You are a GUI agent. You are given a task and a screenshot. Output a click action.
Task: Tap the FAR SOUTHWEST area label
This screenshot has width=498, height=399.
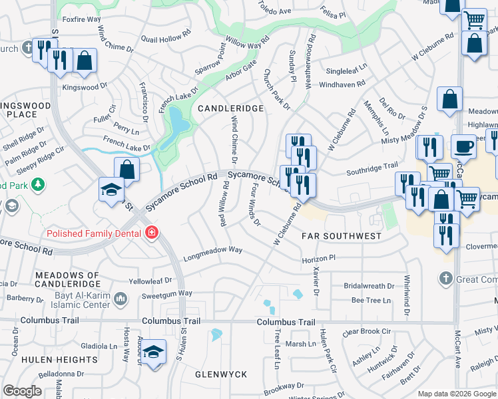coord(342,236)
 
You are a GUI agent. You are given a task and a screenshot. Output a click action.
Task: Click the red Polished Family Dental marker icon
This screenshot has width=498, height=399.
coord(152,233)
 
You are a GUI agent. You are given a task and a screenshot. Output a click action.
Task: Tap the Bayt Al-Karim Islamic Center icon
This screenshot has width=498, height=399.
coord(121,299)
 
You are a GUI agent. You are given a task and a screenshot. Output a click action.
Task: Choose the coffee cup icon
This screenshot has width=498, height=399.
coord(463,146)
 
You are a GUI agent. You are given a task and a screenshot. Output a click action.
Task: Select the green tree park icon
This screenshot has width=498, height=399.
coord(38,184)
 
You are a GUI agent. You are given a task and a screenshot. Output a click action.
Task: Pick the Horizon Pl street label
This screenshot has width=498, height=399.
coord(318,258)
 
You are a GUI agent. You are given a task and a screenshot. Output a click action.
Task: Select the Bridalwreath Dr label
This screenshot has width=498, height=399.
coord(369,286)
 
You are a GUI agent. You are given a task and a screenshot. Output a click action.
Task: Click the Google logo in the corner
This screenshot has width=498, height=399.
coord(23,391)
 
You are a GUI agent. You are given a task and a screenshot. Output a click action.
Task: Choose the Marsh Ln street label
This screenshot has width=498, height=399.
coord(301,344)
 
